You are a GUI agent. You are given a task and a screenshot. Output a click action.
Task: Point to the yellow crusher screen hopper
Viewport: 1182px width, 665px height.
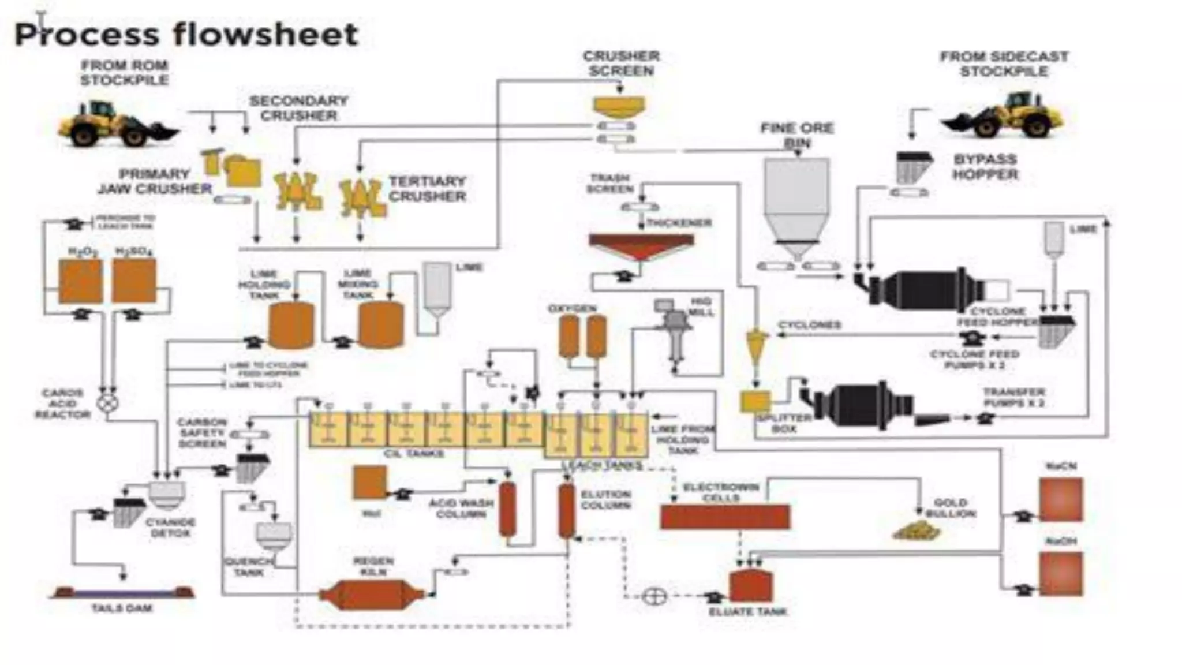619,106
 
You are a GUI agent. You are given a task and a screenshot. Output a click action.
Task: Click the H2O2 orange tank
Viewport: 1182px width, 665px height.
81,281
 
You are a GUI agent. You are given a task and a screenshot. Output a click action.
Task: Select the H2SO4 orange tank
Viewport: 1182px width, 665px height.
134,281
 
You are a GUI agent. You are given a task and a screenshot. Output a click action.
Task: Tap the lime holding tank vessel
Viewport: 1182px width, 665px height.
291,326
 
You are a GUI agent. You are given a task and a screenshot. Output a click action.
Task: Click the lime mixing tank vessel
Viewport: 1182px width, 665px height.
380,326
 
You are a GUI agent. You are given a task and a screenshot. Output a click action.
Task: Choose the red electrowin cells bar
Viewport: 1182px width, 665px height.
725,517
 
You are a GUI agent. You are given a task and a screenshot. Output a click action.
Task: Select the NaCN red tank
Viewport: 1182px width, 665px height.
1061,499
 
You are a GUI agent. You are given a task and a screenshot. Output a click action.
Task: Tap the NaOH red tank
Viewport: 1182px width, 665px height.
1061,574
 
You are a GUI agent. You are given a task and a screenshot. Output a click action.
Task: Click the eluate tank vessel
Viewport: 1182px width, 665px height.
751,586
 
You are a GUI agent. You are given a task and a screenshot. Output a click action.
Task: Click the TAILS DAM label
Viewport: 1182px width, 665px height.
122,608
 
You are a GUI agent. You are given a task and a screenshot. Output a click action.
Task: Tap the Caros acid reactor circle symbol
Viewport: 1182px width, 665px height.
107,402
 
